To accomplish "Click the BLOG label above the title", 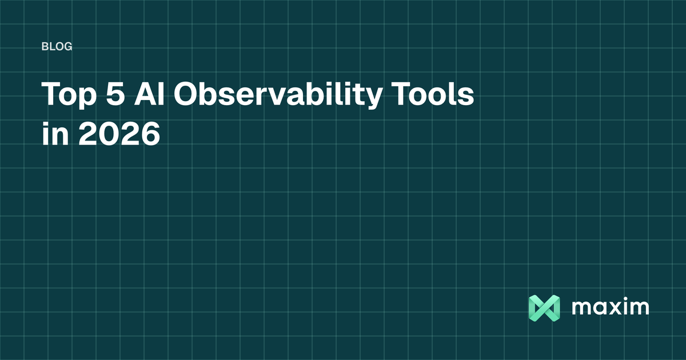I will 57,47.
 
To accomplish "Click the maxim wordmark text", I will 610,307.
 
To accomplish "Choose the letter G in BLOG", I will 68,47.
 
